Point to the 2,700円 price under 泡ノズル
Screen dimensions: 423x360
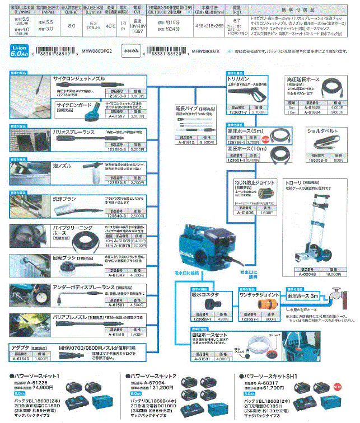138,182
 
